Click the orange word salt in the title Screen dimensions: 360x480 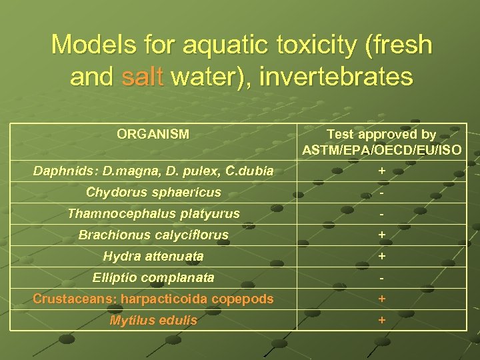point(142,76)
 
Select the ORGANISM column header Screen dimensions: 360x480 point(153,134)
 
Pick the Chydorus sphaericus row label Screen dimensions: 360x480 point(153,193)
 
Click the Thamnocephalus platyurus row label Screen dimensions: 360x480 point(153,214)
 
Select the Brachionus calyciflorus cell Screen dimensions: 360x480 point(153,235)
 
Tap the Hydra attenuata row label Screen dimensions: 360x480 point(153,256)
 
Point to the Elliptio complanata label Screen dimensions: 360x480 point(153,277)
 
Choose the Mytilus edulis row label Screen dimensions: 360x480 point(153,320)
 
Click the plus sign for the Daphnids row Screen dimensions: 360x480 point(381,171)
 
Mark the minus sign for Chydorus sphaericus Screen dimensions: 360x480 point(381,193)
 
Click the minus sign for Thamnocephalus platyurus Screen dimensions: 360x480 point(381,215)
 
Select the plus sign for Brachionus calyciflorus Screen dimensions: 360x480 point(381,235)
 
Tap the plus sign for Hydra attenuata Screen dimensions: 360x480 point(381,256)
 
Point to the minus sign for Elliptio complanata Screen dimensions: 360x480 point(381,278)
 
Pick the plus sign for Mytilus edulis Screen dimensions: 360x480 point(381,320)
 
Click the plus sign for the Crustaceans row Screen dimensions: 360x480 point(381,299)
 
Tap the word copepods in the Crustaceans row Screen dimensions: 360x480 point(241,299)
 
